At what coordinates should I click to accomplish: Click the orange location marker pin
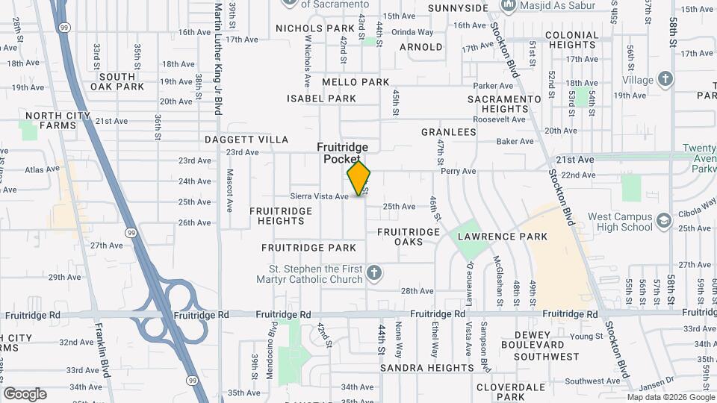point(358,178)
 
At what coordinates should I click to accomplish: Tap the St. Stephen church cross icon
point(374,275)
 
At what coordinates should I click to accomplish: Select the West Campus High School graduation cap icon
point(663,222)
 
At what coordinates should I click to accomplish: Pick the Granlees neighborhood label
point(448,132)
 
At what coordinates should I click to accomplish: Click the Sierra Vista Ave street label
point(320,196)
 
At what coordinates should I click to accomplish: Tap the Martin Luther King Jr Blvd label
point(217,60)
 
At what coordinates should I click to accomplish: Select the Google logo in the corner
point(25,393)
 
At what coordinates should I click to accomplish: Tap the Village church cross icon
point(665,79)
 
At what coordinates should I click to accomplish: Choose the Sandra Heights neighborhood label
point(426,368)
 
